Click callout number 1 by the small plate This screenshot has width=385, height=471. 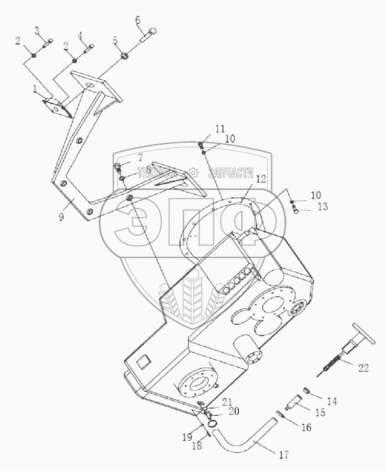pyautogui.click(x=35, y=89)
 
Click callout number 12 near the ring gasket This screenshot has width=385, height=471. pyautogui.click(x=261, y=179)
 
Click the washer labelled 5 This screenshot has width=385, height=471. pyautogui.click(x=125, y=55)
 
